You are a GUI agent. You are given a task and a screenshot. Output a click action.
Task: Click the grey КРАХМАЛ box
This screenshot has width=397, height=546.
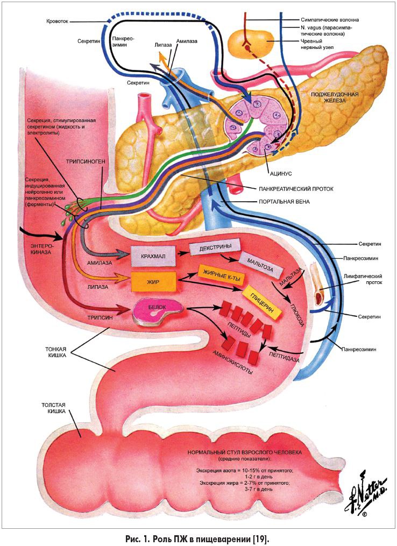153,256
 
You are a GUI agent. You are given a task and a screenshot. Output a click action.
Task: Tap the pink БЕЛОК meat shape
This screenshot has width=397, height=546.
158,310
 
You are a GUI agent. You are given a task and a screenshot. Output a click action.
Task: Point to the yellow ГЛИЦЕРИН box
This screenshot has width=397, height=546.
262,302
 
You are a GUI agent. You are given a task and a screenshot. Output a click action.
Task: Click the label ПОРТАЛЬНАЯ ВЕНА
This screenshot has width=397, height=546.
284,202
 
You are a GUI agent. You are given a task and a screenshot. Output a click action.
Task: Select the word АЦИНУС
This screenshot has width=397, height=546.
280,173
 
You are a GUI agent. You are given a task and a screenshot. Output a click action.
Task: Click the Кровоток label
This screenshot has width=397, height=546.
58,21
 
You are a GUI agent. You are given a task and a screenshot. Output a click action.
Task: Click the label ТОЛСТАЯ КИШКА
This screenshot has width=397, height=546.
53,408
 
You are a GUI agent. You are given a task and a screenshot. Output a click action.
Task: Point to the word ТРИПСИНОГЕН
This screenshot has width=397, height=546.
86,161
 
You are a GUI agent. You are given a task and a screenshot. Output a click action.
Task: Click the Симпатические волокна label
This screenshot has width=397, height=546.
330,20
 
